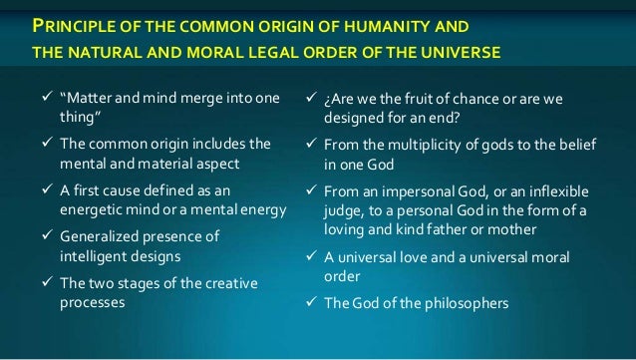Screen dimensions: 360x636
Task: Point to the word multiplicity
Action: tap(433, 145)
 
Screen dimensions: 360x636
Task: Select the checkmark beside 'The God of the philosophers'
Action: tap(310, 302)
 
